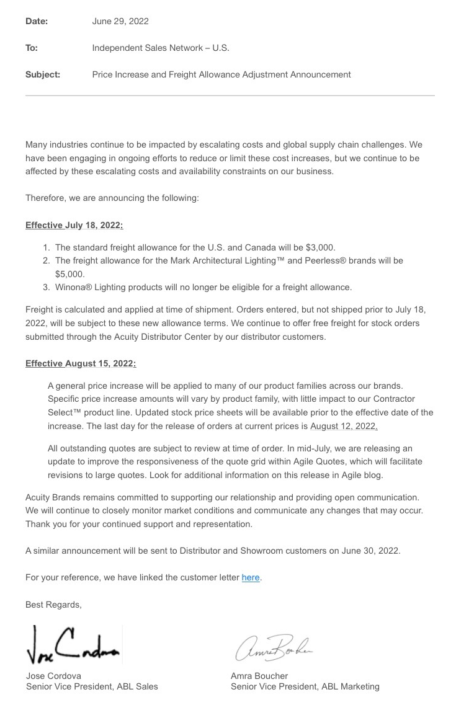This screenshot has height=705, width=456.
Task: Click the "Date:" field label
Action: coord(37,21)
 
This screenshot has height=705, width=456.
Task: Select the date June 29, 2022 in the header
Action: coord(120,21)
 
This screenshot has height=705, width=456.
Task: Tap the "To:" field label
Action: coord(32,48)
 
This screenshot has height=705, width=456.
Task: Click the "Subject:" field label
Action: coord(43,74)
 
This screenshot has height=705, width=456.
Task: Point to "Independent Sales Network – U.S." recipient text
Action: coord(161,48)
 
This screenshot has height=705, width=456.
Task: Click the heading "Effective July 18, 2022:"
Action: coord(74,225)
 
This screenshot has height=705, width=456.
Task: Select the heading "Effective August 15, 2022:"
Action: coord(81,363)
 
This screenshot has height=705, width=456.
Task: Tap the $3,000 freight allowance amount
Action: coord(321,247)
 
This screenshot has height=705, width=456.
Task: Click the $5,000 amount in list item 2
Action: coord(69,273)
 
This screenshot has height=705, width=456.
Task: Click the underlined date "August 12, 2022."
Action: coord(344,426)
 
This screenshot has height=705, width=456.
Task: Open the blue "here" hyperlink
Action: coord(251,577)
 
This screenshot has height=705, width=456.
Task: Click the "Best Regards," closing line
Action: coord(53,605)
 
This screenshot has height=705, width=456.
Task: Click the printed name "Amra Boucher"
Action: coord(259,675)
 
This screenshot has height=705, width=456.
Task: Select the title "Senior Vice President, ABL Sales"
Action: coord(92,686)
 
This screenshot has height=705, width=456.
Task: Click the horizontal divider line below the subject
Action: coord(230,95)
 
